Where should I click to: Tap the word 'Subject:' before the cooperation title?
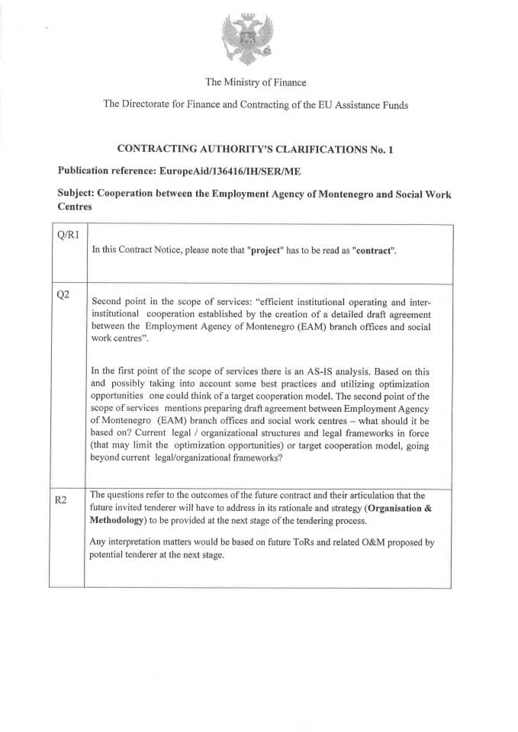tap(77, 194)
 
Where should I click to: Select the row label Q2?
tap(64, 294)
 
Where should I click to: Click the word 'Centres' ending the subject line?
tap(75, 206)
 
